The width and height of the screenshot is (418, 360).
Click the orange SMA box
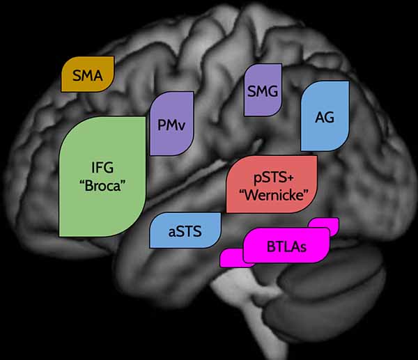(88, 74)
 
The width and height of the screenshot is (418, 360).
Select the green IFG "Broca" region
(102, 176)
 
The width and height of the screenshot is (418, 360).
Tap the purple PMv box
(171, 123)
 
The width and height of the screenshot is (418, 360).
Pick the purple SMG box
(263, 90)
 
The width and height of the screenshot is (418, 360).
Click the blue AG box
(325, 116)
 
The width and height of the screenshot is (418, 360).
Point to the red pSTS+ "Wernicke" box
(272, 184)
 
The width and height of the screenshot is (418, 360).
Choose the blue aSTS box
(185, 230)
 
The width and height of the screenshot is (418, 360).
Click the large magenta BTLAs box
(286, 245)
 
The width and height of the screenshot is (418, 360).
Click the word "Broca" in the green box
(102, 185)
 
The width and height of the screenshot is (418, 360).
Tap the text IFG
(102, 168)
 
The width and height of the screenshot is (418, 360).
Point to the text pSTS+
(274, 178)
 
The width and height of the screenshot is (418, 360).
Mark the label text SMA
(88, 75)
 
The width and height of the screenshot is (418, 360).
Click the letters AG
(325, 117)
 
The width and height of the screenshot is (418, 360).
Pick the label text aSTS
(185, 231)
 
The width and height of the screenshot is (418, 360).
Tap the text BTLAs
(286, 246)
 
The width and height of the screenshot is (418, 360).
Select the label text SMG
(263, 91)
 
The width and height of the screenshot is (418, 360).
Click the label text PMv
(171, 125)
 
